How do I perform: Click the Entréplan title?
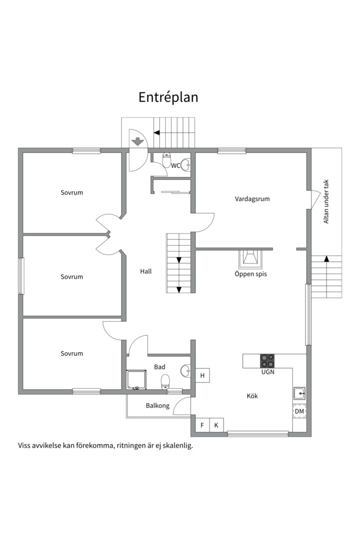pyautogui.click(x=168, y=97)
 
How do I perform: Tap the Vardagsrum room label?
pyautogui.click(x=252, y=199)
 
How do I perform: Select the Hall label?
pyautogui.click(x=145, y=271)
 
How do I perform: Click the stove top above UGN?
pyautogui.click(x=267, y=361)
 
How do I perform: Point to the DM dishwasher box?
pyautogui.click(x=299, y=411)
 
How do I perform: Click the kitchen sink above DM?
pyautogui.click(x=299, y=393)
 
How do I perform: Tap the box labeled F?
pyautogui.click(x=202, y=425)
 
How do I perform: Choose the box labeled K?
pyautogui.click(x=216, y=425)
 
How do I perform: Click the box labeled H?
pyautogui.click(x=202, y=375)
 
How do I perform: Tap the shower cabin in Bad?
pyautogui.click(x=136, y=380)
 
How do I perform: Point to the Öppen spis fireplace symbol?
pyautogui.click(x=250, y=259)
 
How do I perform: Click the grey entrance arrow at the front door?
pyautogui.click(x=137, y=141)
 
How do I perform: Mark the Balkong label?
pyautogui.click(x=157, y=405)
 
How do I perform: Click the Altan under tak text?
pyautogui.click(x=326, y=201)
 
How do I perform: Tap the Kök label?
pyautogui.click(x=252, y=396)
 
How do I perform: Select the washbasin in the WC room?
pyautogui.click(x=185, y=164)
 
